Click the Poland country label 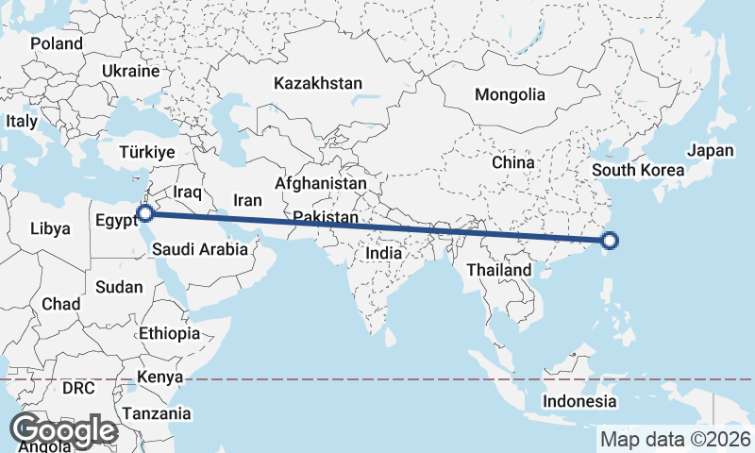[x=57, y=43]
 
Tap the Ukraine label [x=130, y=71]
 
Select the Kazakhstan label [x=318, y=84]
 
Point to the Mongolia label [x=510, y=94]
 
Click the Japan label [x=710, y=150]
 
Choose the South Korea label [x=638, y=171]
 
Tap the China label [x=512, y=162]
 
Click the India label [x=384, y=253]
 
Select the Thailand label [x=499, y=270]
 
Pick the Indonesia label [x=579, y=401]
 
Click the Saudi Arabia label [x=199, y=250]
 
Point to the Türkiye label [x=148, y=152]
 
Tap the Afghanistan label [x=321, y=182]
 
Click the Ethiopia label [x=169, y=333]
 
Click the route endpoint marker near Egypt [x=145, y=213]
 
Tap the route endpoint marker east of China [x=610, y=240]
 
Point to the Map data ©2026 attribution [x=676, y=439]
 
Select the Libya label [x=50, y=228]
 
